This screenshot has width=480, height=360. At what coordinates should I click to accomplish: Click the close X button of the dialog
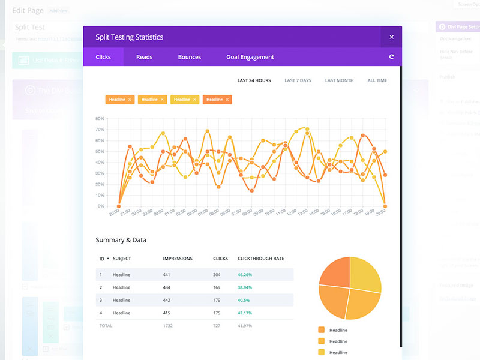[391, 37]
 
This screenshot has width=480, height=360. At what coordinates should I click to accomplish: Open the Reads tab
[144, 57]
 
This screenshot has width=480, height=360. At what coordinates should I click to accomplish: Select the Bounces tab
[190, 57]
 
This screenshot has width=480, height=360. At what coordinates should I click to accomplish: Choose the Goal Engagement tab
[250, 57]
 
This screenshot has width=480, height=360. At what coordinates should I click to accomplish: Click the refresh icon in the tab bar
[392, 57]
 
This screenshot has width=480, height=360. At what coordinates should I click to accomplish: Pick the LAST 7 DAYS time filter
[298, 80]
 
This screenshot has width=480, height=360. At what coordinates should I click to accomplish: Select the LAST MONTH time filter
[339, 80]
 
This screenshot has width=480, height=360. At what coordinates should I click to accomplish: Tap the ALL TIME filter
[377, 80]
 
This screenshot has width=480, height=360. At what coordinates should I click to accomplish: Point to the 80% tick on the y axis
[100, 119]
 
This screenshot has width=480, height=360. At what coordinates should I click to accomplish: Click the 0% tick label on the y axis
[101, 206]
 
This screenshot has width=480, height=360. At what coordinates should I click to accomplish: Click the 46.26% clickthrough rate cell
[245, 275]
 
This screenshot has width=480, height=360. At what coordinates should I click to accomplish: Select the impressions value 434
[167, 287]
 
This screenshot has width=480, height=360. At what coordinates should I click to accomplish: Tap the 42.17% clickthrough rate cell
[245, 313]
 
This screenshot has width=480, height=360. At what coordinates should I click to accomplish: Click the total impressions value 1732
[169, 325]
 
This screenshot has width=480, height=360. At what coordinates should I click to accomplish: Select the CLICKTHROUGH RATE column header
[261, 259]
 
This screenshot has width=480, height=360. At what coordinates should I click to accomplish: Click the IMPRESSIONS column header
[178, 259]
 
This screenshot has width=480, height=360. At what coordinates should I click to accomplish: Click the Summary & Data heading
[121, 240]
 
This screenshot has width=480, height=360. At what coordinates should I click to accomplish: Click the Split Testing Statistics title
[130, 37]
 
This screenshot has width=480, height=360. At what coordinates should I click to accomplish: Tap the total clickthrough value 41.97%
[245, 325]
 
